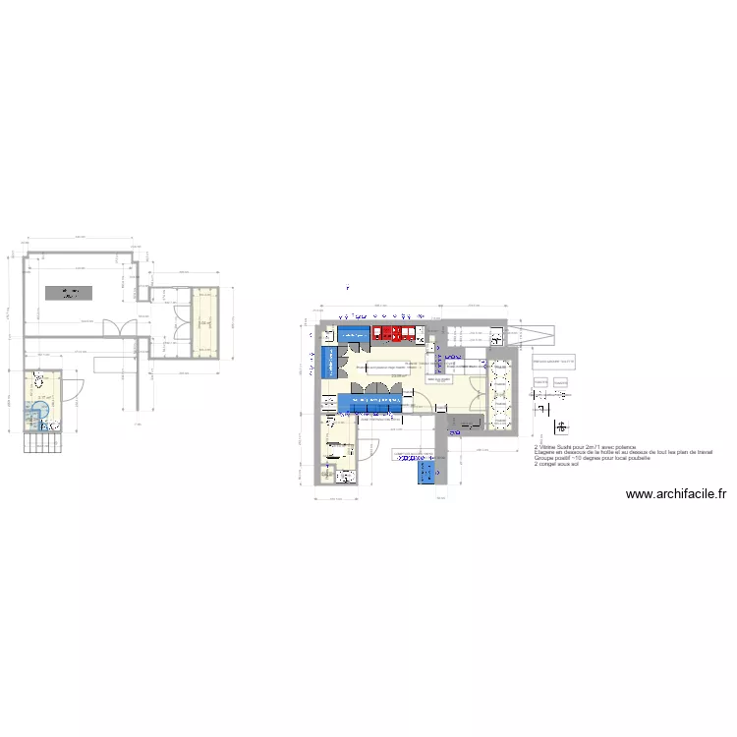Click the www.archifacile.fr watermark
pos(675,495)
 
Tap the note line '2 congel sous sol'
pos(556,464)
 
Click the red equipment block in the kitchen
pos(394,333)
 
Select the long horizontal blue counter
pos(378,402)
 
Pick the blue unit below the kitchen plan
pos(426,471)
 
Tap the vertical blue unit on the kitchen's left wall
pos(328,361)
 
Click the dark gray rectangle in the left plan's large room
pos(70,293)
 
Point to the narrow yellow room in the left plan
pos(204,322)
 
